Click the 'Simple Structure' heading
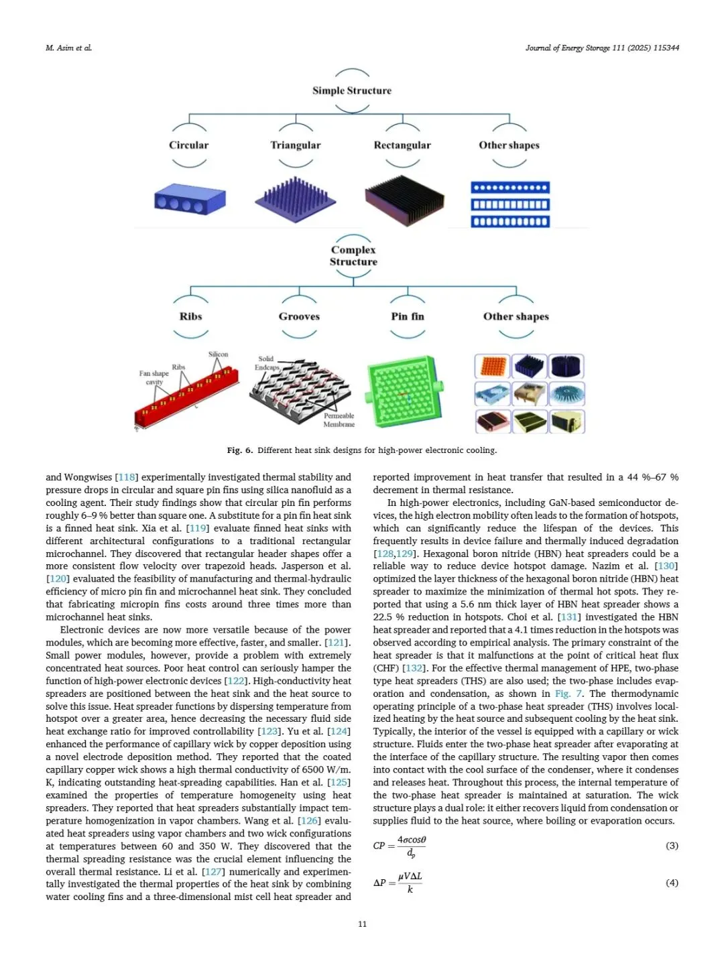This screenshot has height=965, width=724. (x=351, y=90)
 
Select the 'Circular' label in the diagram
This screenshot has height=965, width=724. (x=188, y=145)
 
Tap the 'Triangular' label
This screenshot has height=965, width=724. (x=296, y=145)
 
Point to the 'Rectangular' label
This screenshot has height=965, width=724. (x=402, y=145)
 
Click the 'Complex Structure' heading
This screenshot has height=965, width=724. (x=353, y=255)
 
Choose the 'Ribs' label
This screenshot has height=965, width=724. (x=190, y=316)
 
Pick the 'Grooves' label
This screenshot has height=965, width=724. (x=299, y=316)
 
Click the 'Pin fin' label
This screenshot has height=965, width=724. (x=408, y=316)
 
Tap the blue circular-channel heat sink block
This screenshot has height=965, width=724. (x=190, y=200)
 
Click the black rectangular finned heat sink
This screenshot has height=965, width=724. (x=404, y=200)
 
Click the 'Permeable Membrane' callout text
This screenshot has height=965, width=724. (x=339, y=420)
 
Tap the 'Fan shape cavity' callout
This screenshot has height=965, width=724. (x=154, y=377)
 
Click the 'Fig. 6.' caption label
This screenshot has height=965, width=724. (x=239, y=450)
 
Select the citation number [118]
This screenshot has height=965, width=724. (x=126, y=477)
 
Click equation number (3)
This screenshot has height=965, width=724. (x=672, y=846)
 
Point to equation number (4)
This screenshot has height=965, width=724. (x=672, y=883)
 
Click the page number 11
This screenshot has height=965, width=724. (x=362, y=924)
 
